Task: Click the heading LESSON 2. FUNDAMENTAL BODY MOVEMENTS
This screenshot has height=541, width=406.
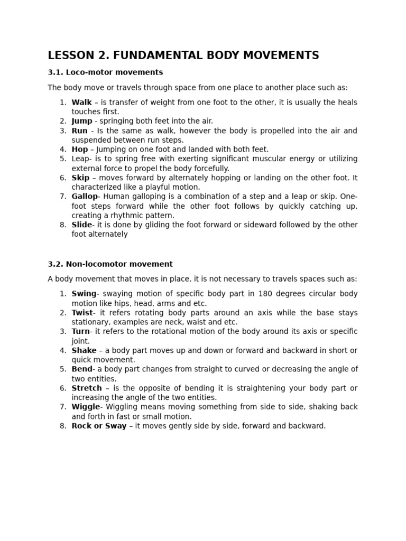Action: (x=183, y=55)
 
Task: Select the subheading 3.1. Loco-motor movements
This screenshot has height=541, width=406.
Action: (x=105, y=72)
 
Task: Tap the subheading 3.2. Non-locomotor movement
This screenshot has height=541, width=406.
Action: (x=110, y=264)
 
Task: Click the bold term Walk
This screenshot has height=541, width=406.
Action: (x=81, y=102)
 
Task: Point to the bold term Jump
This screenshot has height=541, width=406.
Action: (x=82, y=121)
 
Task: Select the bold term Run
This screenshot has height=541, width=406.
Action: (x=79, y=130)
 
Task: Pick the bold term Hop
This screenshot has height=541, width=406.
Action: (x=80, y=150)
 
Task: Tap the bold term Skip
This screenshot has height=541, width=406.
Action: (x=80, y=178)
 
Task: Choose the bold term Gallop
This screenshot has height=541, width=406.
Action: (x=85, y=197)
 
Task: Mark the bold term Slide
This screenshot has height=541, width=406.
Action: (x=82, y=225)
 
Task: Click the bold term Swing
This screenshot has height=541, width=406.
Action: (x=84, y=294)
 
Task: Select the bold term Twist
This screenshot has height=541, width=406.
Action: (x=82, y=313)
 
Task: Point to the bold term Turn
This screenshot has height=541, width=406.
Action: (x=81, y=332)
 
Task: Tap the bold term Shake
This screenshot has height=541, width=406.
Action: (x=84, y=350)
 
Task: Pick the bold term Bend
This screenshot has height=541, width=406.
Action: (x=82, y=369)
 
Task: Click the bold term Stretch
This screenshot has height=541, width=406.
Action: (x=87, y=388)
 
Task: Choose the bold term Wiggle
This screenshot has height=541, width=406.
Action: (x=86, y=407)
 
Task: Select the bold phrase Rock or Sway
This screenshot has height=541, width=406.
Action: (x=99, y=426)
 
